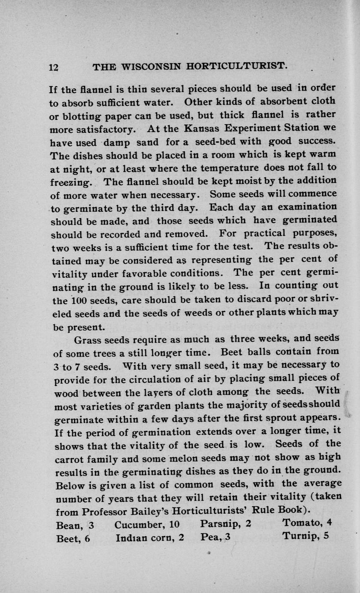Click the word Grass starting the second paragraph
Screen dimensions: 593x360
click(88, 340)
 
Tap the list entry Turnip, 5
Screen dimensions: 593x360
click(305, 537)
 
